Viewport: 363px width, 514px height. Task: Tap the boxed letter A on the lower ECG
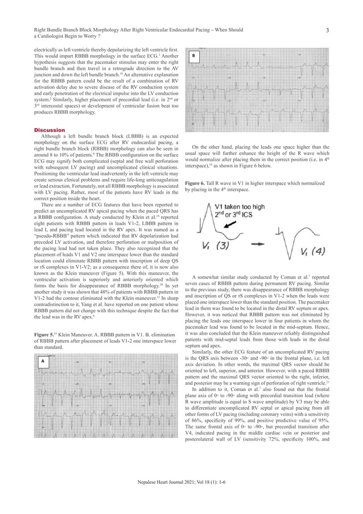coord(42,361)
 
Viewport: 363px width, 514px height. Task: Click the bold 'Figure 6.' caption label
coord(197,183)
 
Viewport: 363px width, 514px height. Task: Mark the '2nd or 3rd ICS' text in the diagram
coord(236,215)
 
